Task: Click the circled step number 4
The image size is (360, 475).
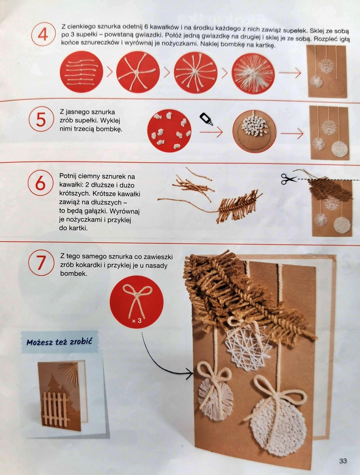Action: pos(43,34)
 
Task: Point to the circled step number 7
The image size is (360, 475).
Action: pos(41,262)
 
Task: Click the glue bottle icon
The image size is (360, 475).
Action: pos(206,119)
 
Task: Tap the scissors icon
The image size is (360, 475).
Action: pos(288,179)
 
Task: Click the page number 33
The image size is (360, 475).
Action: pos(343,461)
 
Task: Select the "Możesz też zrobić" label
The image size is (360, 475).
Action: pos(59,342)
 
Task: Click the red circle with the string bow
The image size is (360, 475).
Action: pos(136,302)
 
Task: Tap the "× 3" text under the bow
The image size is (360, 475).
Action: pos(137,320)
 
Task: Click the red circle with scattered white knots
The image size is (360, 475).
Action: pos(169,131)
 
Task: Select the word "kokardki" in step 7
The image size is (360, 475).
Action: pos(81,265)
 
